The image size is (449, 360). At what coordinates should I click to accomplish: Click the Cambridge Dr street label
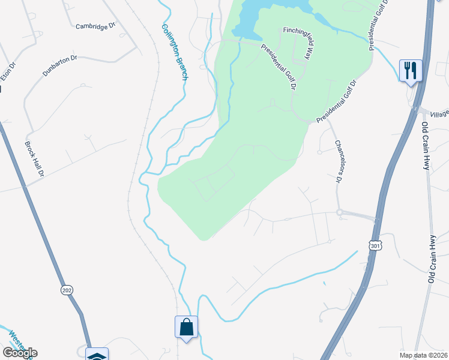pos(95,26)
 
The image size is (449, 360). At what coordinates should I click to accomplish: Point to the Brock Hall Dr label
pos(35,159)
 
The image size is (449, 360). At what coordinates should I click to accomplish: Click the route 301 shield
pos(374,245)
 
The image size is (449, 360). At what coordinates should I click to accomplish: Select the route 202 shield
pos(67,290)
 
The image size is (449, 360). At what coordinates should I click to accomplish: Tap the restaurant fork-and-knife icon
pos(411,71)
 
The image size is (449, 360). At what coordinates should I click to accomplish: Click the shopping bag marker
pos(186,328)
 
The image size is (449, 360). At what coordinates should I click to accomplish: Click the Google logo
pos(20,353)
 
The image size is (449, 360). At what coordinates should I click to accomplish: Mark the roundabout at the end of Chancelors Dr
pos(339,212)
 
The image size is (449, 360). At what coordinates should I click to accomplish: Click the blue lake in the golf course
pos(264,15)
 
